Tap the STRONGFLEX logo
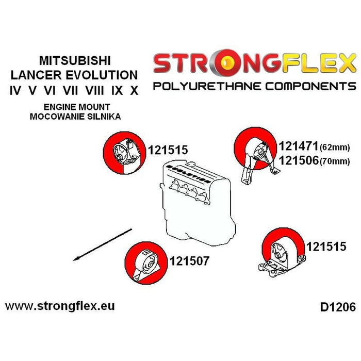(254, 63)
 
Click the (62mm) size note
(335, 147)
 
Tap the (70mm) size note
(335, 161)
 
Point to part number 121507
(189, 261)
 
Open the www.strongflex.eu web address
(60, 306)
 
